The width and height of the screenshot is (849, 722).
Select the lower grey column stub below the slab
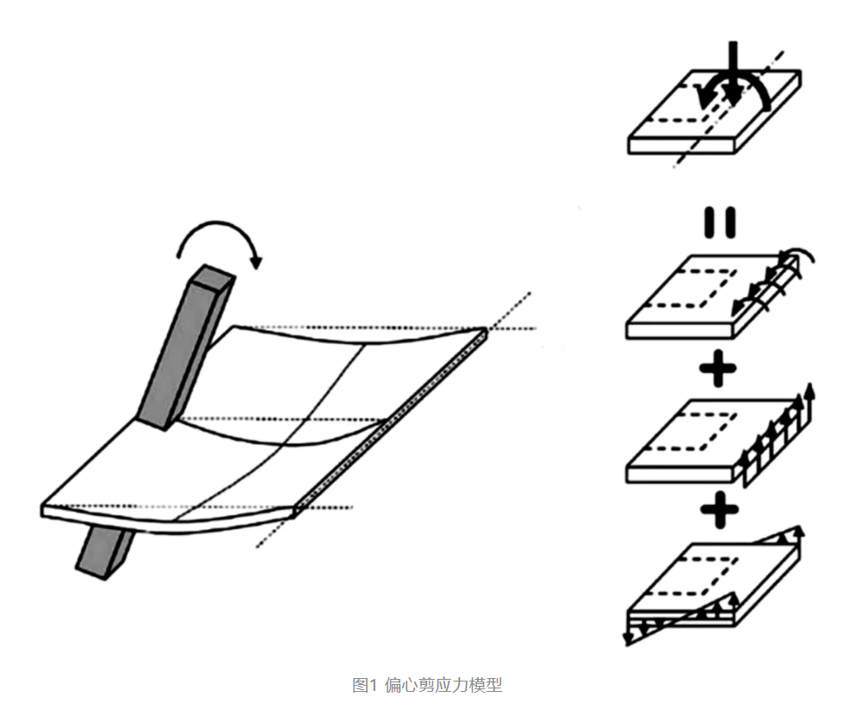(106, 551)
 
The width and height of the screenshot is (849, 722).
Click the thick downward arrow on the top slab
(731, 73)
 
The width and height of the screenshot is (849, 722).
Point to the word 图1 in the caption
(365, 686)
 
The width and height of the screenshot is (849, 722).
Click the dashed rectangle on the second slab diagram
(706, 284)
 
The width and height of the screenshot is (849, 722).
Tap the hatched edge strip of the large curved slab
(392, 422)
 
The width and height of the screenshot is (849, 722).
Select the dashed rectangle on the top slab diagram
(689, 103)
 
